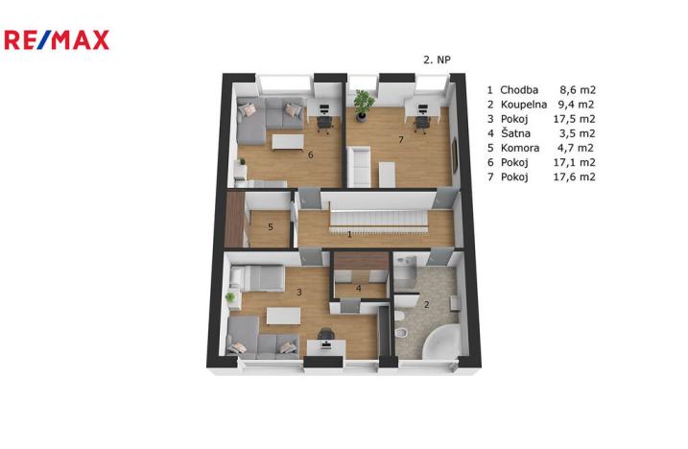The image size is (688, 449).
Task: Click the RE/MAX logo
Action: pos(57,40)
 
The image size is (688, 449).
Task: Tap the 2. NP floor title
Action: pos(437,59)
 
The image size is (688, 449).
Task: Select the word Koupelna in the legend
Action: pos(524,105)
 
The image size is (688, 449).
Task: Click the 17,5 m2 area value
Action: pos(575,119)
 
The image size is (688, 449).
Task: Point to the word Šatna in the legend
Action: pos(515,133)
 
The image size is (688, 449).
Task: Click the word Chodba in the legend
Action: pos(519,90)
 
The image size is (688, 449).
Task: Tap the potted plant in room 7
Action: pos(363,105)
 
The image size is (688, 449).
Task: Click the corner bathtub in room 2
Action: pos(441,342)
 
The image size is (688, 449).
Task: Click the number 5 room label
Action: pos(271,227)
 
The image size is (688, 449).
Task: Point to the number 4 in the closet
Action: pos(359,289)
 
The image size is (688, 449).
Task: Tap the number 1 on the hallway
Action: pos(349,234)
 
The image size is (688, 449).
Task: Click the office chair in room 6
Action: pos(324,124)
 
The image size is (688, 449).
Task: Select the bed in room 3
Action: pos(257,278)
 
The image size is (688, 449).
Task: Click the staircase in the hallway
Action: pos(378,218)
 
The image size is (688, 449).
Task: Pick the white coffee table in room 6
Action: pos(288,142)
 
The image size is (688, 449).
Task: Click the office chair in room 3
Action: pos(325,335)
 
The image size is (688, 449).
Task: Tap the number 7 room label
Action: pos(400,139)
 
